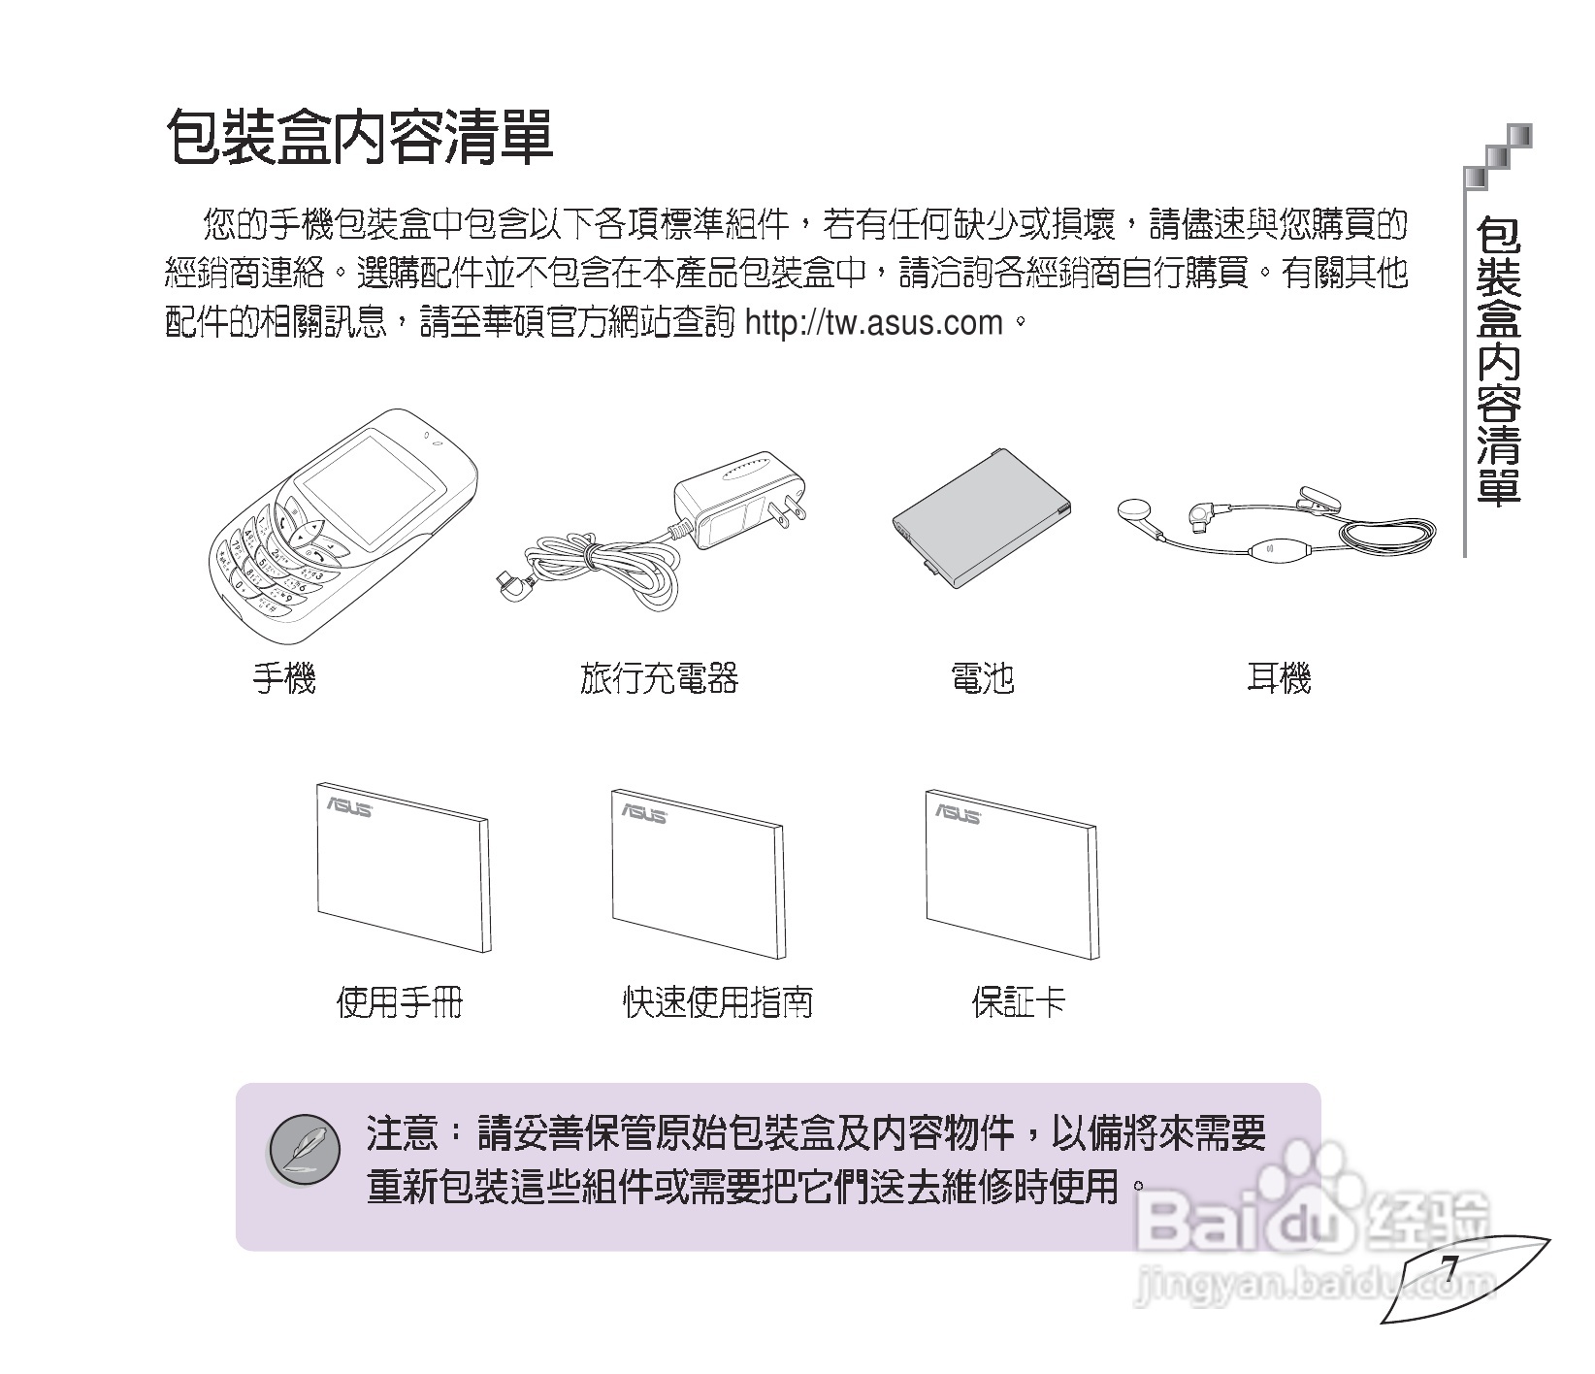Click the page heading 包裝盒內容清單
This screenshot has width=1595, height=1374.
(360, 136)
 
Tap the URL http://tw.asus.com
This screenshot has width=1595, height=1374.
(873, 322)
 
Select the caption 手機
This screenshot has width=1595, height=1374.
(284, 677)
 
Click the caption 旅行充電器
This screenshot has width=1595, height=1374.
(659, 677)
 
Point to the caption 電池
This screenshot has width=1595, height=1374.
(982, 677)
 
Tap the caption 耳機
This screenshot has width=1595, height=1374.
(1279, 677)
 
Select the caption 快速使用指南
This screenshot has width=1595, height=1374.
(718, 1001)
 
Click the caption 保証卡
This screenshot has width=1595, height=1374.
(1019, 1001)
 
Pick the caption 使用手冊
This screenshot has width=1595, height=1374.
(400, 1001)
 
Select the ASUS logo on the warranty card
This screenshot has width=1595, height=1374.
(957, 813)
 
